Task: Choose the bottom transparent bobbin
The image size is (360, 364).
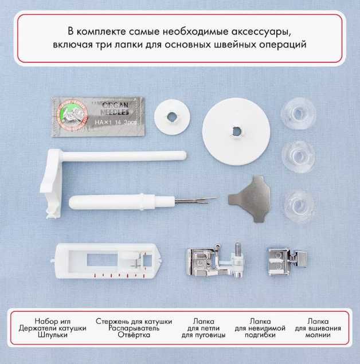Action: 298,201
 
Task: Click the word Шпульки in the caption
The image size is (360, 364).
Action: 60,335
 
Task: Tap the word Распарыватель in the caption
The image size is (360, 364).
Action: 133,328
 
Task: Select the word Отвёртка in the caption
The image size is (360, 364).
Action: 133,335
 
